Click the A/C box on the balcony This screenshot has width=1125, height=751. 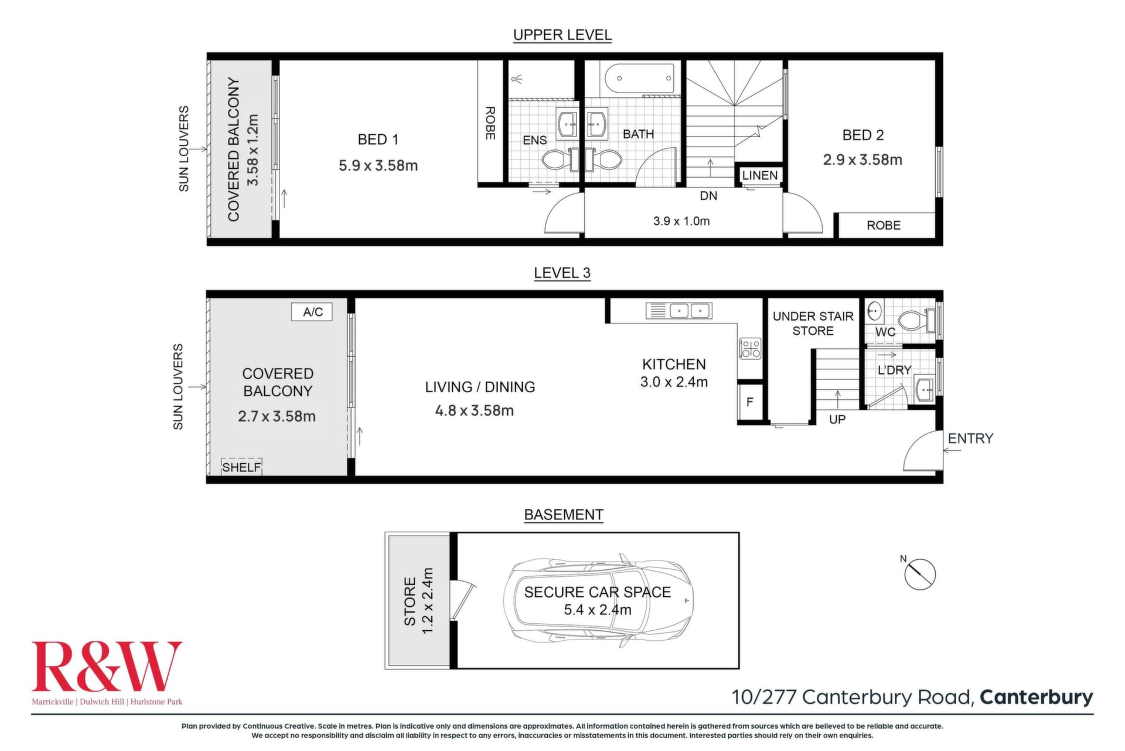click(x=312, y=311)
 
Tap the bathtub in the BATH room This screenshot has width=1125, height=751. click(x=639, y=78)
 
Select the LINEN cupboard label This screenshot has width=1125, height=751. click(x=759, y=175)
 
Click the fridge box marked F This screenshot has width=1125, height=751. click(x=750, y=402)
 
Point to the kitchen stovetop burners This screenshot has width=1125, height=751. click(x=750, y=349)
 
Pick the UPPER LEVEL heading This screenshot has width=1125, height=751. click(x=562, y=35)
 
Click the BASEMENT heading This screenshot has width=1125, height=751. click(x=563, y=515)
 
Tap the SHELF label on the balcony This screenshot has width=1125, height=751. click(x=241, y=467)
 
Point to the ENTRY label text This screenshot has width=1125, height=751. click(x=970, y=439)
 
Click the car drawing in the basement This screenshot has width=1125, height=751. click(x=598, y=601)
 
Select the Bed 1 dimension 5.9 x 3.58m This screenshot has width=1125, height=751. click(x=378, y=166)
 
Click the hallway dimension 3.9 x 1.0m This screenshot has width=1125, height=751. click(x=681, y=221)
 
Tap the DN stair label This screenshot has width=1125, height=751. click(x=708, y=196)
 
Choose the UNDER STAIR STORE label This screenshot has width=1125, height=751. click(x=813, y=324)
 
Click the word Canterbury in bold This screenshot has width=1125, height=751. click(x=1036, y=697)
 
